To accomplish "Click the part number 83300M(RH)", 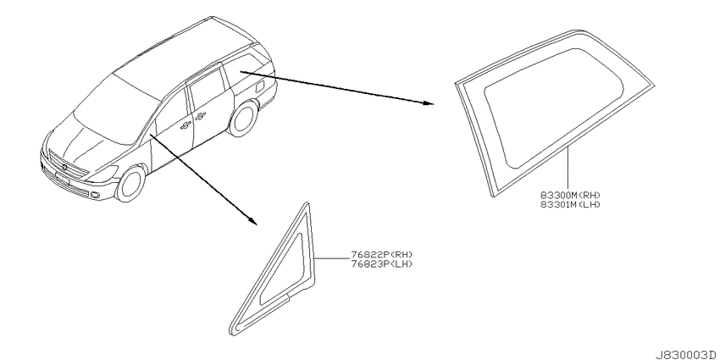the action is [x=570, y=196].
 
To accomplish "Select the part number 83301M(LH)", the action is [x=570, y=204].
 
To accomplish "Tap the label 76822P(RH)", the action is [x=381, y=255].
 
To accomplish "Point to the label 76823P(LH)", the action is [x=381, y=263].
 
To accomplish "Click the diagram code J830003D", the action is [x=686, y=355].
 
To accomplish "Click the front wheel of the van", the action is [x=130, y=184].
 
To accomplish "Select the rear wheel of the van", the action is [x=243, y=119].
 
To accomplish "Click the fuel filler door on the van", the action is [x=259, y=86].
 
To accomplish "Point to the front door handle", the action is [x=186, y=124].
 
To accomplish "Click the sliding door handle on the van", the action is [x=200, y=117].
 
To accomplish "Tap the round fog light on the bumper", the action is [x=95, y=196].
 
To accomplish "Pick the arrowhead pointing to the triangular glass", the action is [x=252, y=221].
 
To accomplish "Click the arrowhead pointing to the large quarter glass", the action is [x=428, y=102].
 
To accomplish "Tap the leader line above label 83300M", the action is [x=568, y=169].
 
